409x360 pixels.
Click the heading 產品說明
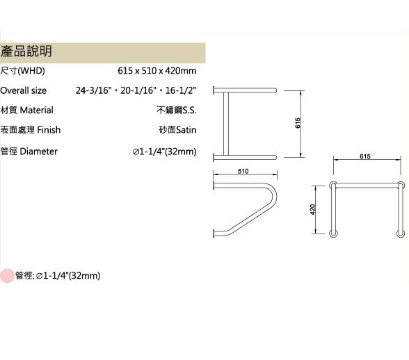click(x=26, y=51)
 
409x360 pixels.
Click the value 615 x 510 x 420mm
click(x=157, y=71)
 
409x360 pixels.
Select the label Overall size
click(x=23, y=90)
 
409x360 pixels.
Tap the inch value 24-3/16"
click(x=94, y=90)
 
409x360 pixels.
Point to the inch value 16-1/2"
click(x=181, y=90)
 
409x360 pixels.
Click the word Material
click(x=36, y=110)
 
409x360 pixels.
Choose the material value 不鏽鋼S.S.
click(x=177, y=110)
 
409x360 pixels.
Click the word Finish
click(x=49, y=130)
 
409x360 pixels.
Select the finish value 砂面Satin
click(x=177, y=130)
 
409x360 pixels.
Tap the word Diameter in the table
click(x=39, y=152)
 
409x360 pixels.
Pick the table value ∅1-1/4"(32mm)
click(x=165, y=152)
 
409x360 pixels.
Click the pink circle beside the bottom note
click(x=7, y=275)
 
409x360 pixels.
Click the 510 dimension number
click(x=243, y=171)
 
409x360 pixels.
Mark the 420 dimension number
click(x=313, y=210)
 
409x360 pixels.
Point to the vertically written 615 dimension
click(x=298, y=123)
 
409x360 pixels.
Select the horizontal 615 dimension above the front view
click(x=365, y=156)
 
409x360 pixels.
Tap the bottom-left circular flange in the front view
click(x=333, y=234)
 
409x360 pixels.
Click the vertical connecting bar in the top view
click(x=226, y=124)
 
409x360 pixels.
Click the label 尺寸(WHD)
click(x=22, y=71)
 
